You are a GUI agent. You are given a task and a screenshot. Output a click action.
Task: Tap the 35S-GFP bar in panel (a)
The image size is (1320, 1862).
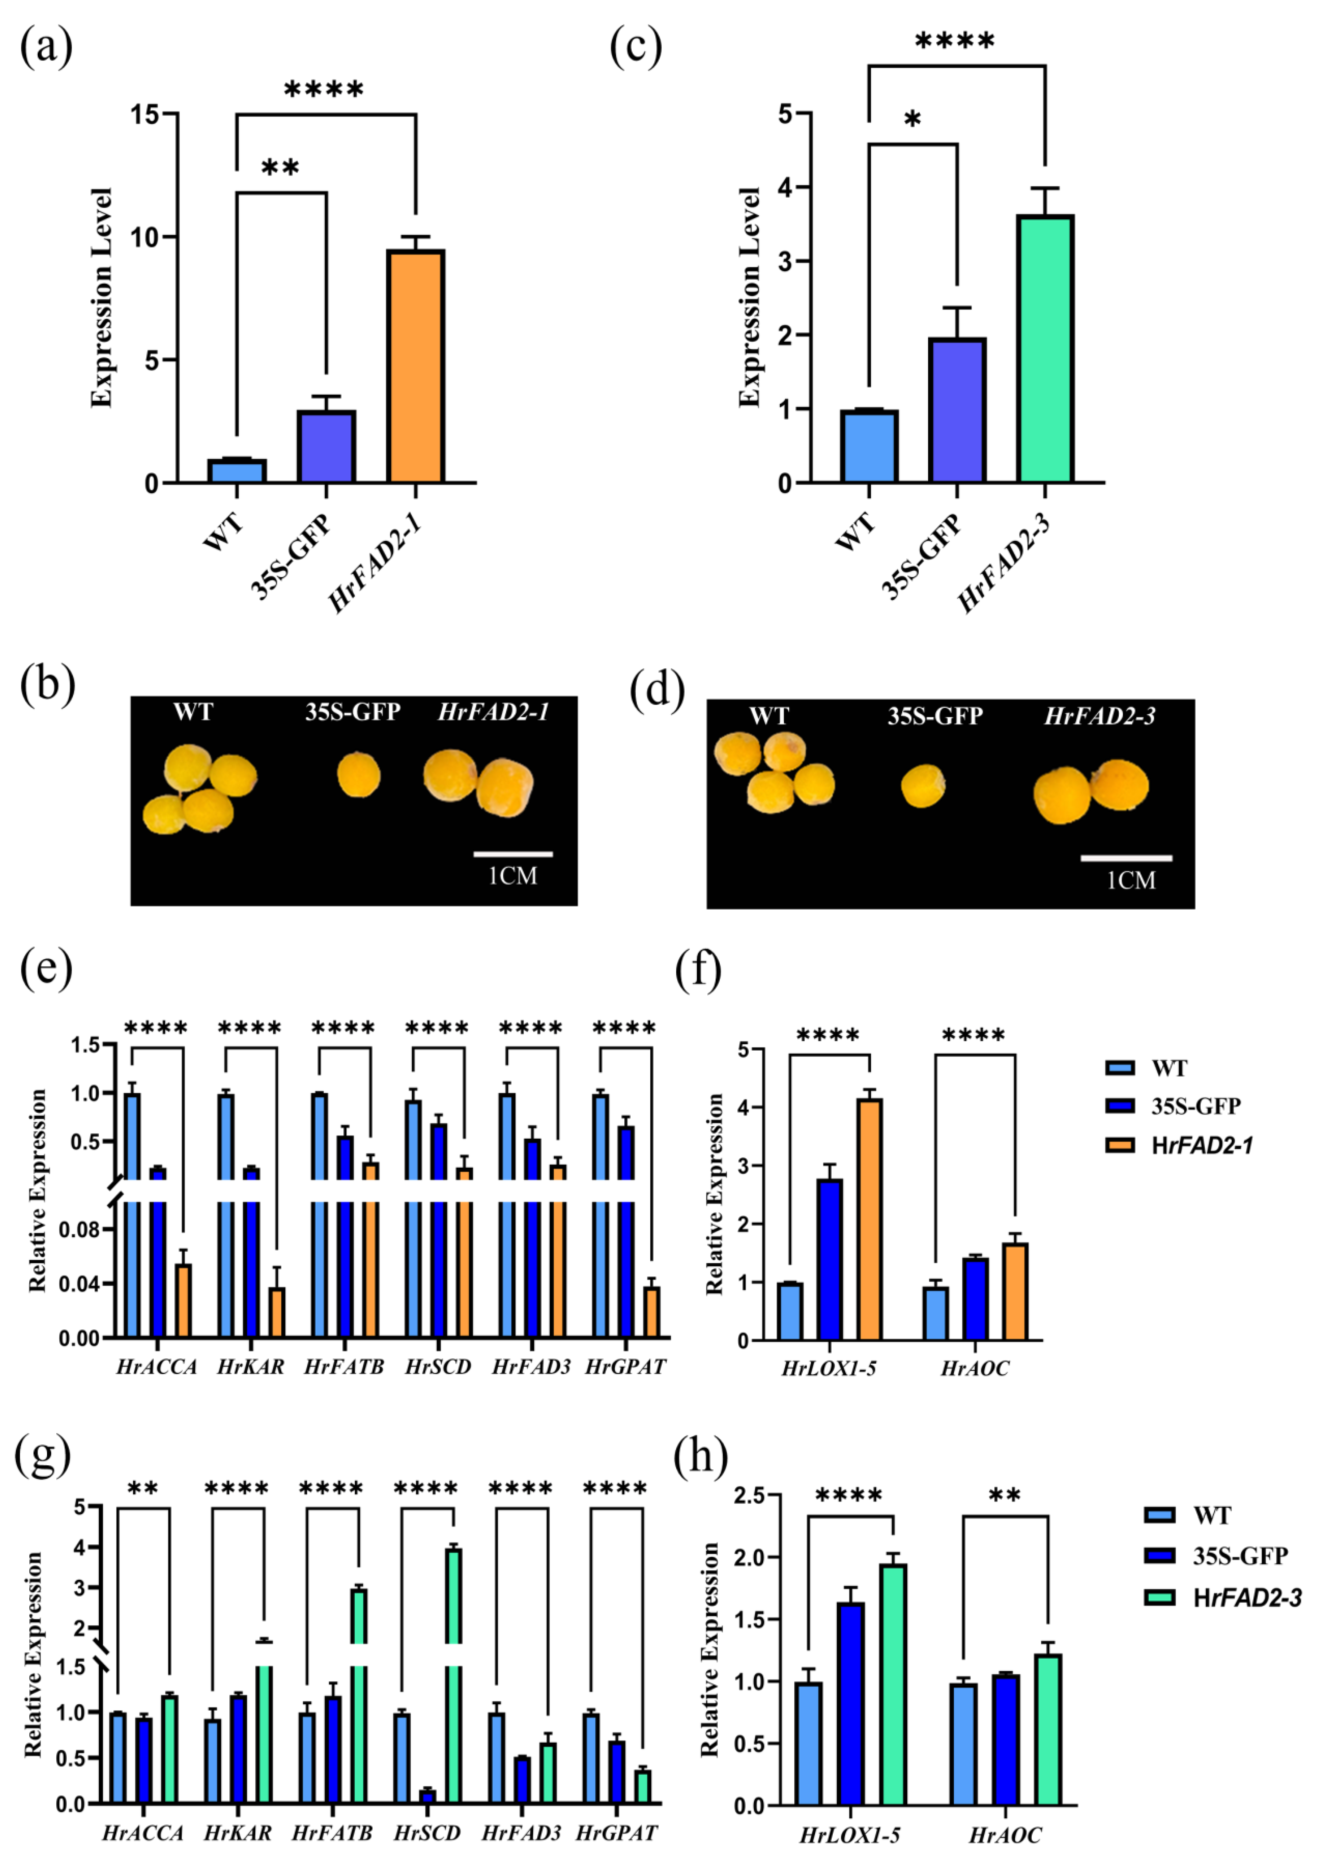click(326, 447)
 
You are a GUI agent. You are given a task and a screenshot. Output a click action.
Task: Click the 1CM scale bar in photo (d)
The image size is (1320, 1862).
click(1127, 858)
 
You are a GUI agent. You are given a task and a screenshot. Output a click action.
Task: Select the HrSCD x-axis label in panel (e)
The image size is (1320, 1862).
click(438, 1367)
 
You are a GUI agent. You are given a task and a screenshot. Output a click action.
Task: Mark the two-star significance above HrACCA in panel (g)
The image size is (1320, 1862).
click(143, 1489)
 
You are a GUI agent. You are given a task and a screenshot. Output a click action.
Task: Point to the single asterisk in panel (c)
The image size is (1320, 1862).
click(913, 120)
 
